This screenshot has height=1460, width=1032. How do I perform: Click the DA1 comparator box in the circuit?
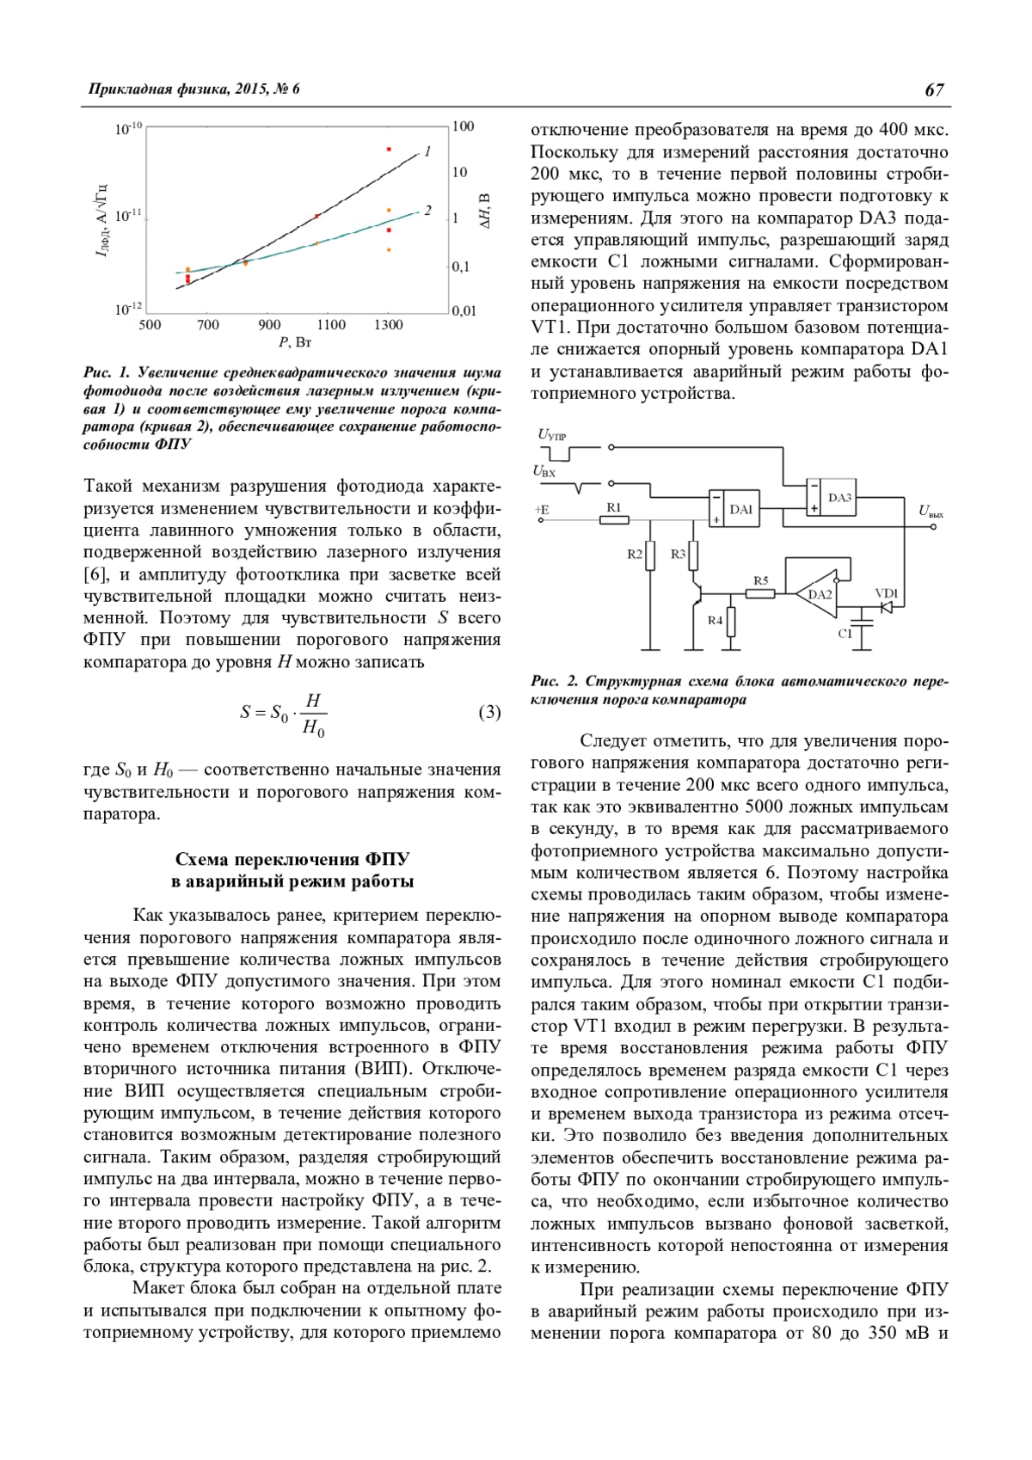740,509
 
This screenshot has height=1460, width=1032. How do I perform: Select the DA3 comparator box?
838,498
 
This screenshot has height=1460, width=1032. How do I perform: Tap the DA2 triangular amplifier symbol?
817,594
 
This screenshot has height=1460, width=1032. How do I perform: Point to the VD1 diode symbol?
886,607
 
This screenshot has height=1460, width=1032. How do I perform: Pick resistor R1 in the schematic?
614,519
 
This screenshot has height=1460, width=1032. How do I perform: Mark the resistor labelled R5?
761,593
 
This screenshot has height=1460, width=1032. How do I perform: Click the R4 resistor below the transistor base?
732,622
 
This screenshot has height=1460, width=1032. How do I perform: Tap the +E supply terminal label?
542,510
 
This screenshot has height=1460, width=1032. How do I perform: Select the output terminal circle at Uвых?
934,526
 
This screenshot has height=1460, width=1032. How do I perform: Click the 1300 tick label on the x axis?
388,325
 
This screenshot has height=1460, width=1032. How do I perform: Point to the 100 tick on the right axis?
463,126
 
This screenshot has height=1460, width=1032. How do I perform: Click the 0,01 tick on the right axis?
464,310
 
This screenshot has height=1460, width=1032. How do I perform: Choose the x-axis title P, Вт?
295,343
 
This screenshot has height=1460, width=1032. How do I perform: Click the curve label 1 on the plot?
427,151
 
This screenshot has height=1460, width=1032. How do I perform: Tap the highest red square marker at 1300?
389,150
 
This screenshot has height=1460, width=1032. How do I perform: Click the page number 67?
934,89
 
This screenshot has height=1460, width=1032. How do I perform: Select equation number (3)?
488,712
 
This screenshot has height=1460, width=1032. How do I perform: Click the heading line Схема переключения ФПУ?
292,859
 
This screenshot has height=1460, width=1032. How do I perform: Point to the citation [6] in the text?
95,574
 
